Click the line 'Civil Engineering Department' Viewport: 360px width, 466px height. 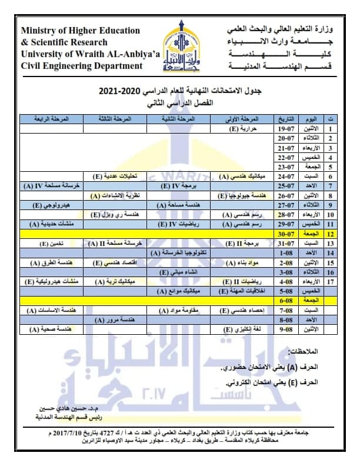(x=82, y=65)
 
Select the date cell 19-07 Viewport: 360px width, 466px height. (x=285, y=128)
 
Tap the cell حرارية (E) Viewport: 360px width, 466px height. (x=243, y=128)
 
